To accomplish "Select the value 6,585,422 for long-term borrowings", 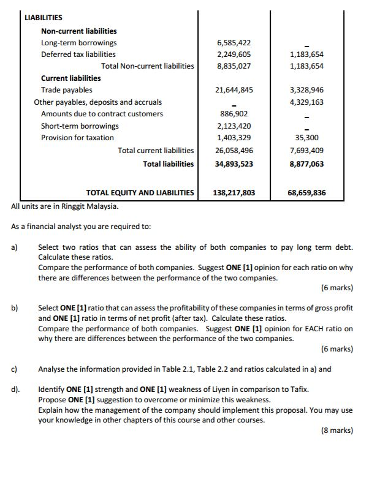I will click(x=234, y=43).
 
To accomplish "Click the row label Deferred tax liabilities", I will click(x=78, y=54).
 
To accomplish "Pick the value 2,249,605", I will click(x=234, y=54).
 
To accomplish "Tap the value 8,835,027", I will click(x=234, y=66).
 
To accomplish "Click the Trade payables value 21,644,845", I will click(x=234, y=90).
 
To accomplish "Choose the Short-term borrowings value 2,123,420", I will click(x=234, y=126).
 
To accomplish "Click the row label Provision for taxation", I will click(x=77, y=138).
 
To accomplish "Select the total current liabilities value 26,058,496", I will click(x=234, y=151).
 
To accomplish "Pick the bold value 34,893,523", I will click(x=234, y=164).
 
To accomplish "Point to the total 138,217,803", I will click(x=234, y=193).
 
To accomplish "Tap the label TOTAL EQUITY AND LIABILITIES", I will click(x=140, y=193).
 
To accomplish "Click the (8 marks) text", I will click(x=336, y=430).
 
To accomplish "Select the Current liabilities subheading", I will click(x=70, y=78).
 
